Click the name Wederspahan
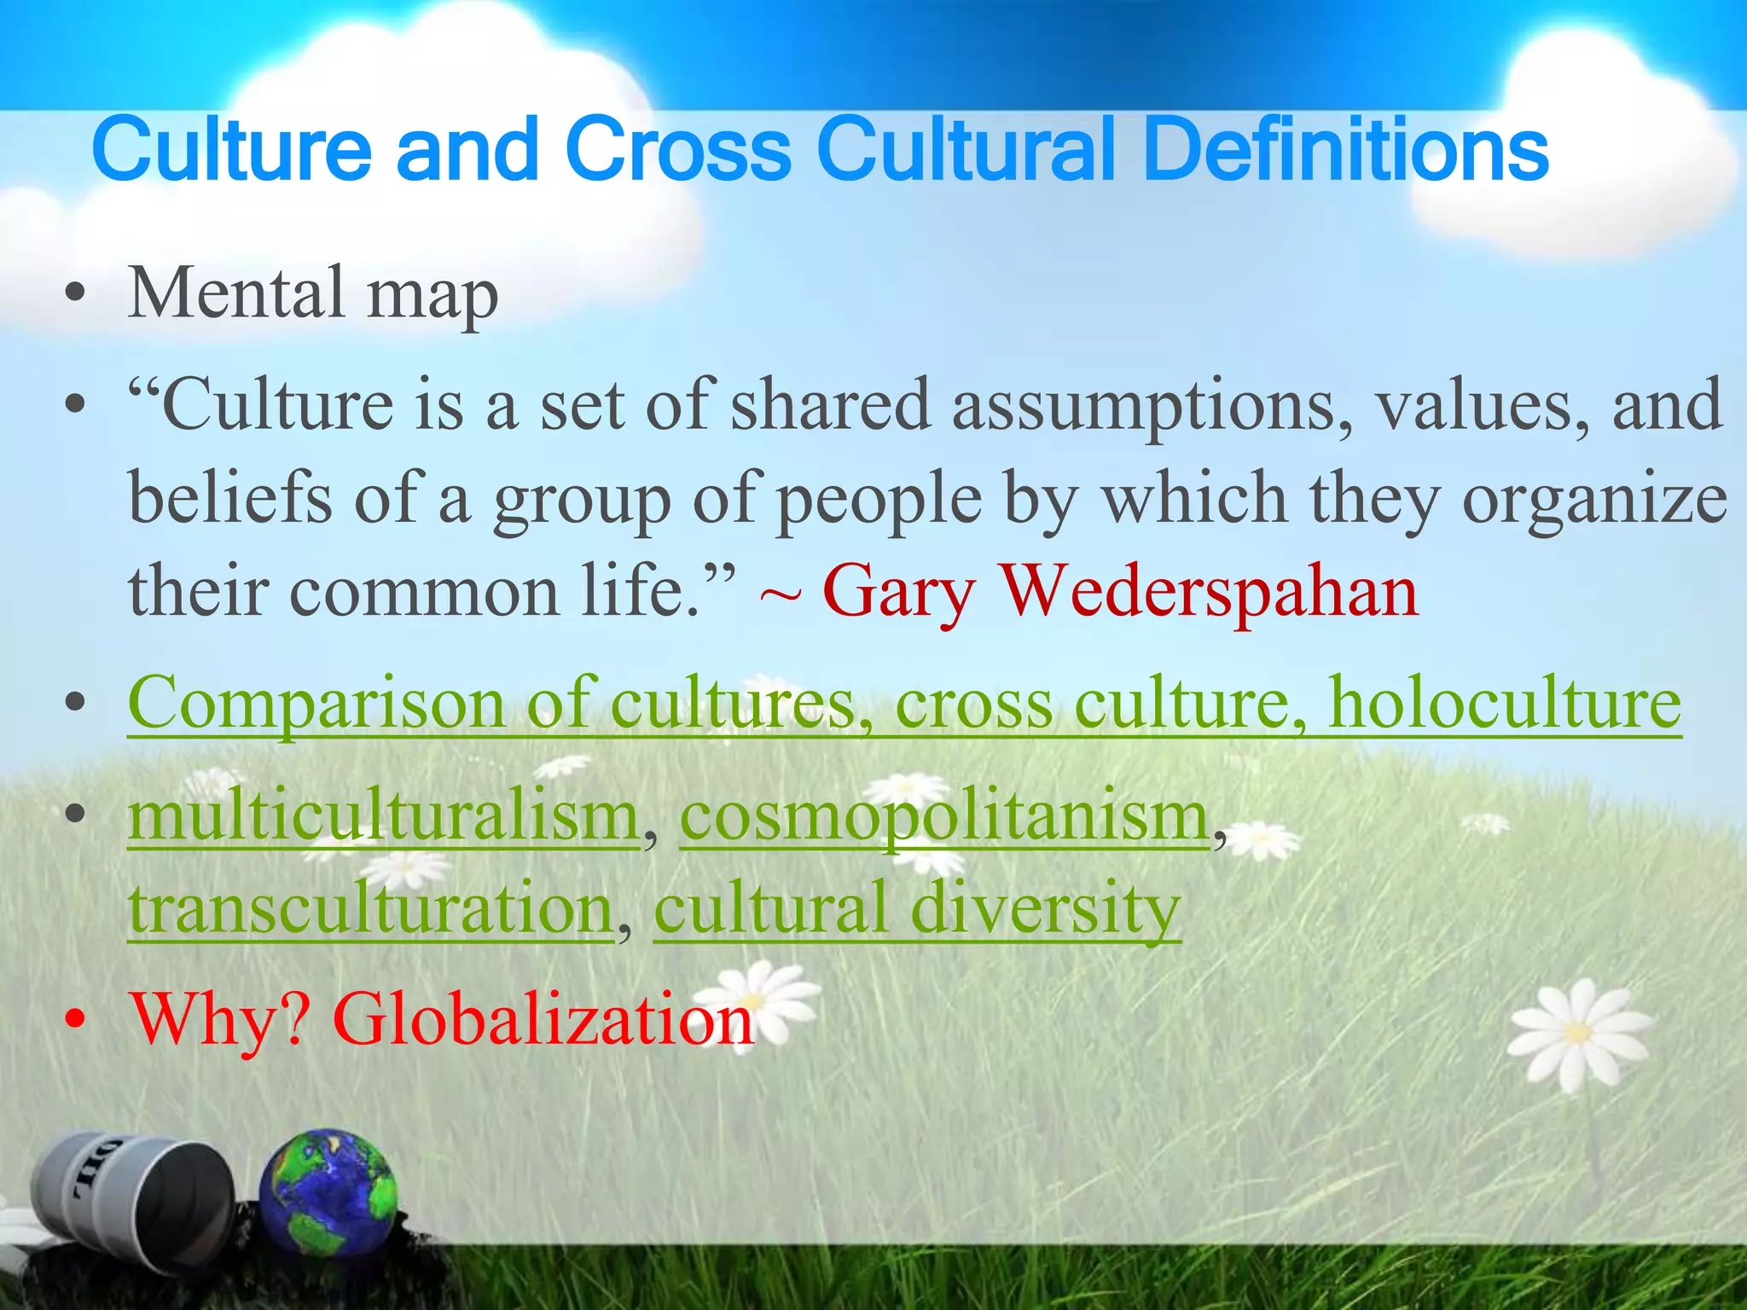coord(1209,591)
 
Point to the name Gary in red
coord(897,591)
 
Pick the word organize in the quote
coord(1594,499)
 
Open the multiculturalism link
coord(384,816)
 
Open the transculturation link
coord(371,908)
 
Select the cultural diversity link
coord(917,908)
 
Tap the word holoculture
coord(1506,704)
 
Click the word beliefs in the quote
coord(230,499)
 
